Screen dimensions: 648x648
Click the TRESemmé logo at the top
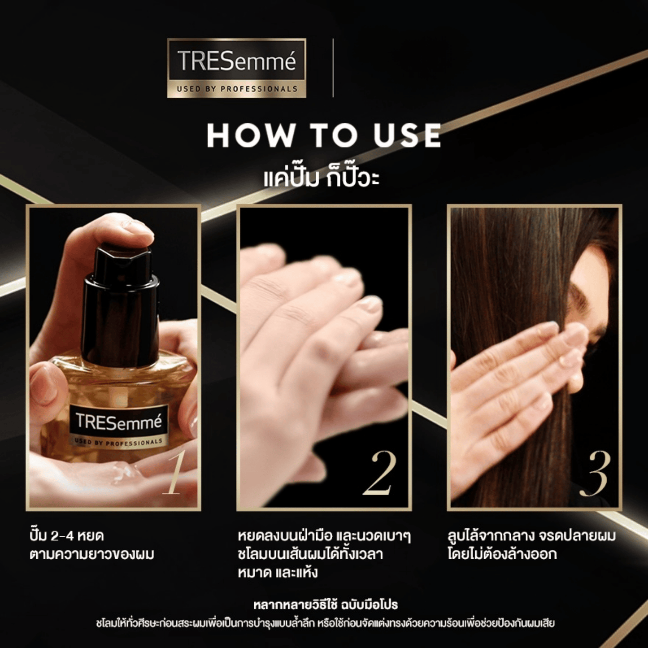(236, 68)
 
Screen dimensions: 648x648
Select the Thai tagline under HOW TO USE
(322, 178)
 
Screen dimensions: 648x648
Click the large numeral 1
(173, 474)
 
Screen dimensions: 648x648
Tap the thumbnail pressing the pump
(138, 229)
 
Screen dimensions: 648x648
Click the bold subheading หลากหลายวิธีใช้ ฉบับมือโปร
(326, 605)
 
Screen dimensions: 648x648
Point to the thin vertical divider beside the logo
(333, 68)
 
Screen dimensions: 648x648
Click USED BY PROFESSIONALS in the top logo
(237, 89)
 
